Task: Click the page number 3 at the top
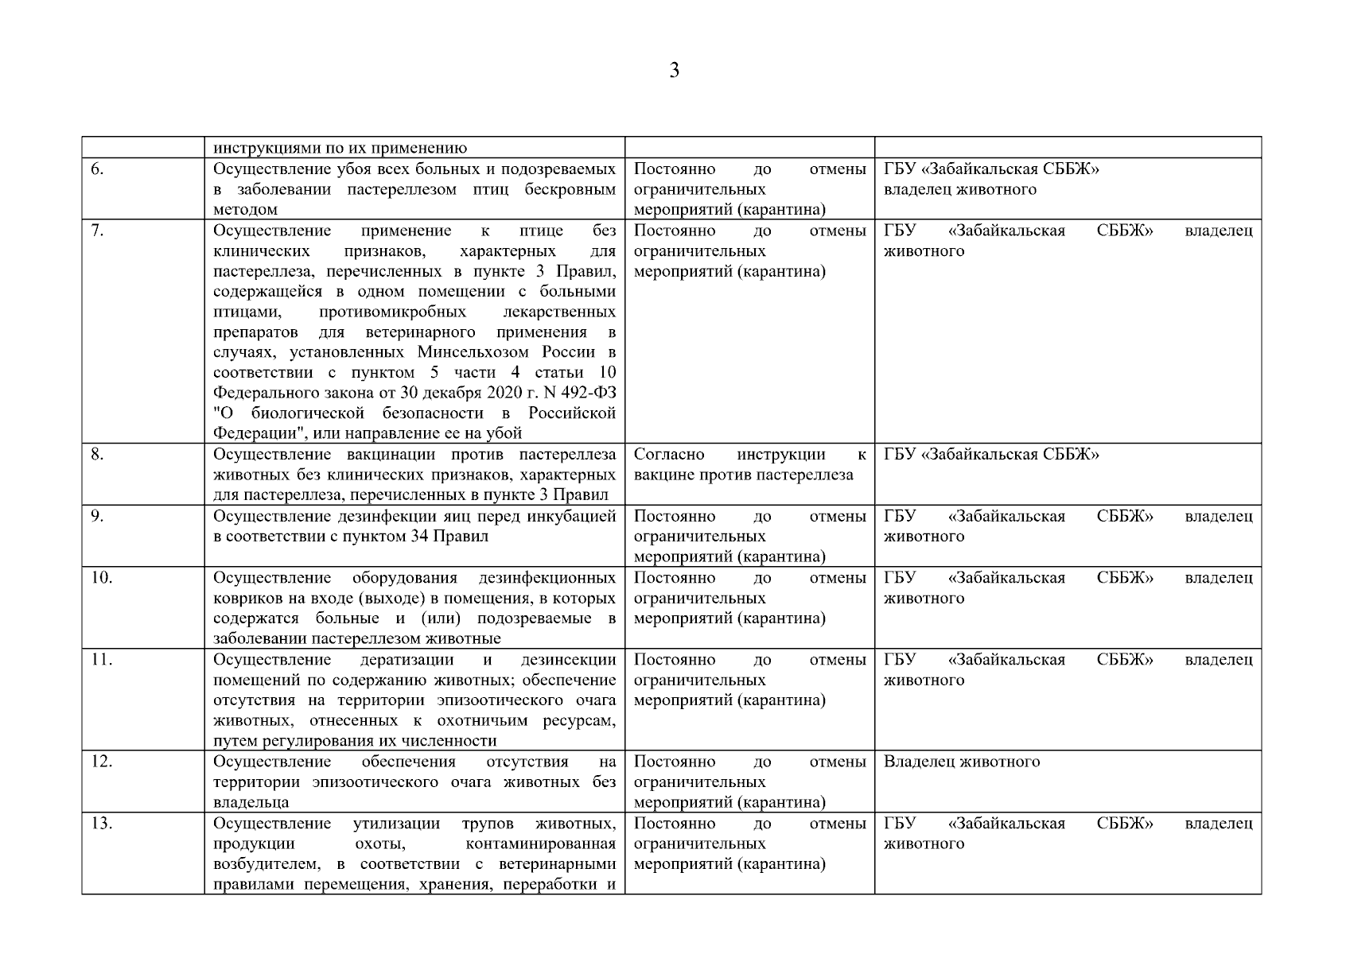coord(675,71)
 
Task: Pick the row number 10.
coord(100,578)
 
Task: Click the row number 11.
coord(100,660)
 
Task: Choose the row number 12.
coord(100,762)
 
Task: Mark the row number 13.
coord(100,824)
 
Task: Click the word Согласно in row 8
coord(669,455)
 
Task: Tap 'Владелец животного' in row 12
coord(961,762)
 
